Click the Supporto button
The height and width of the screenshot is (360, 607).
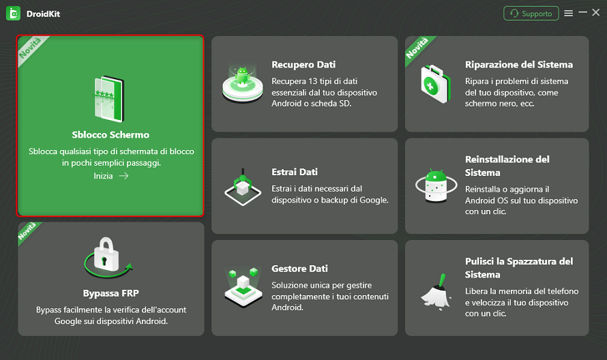tap(531, 14)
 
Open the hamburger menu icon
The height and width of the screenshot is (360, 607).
tap(568, 14)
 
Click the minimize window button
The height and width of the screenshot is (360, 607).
tap(583, 13)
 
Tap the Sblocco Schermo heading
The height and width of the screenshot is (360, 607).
tap(110, 134)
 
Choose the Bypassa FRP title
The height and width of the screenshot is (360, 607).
tap(110, 293)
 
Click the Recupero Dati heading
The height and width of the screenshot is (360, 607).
tap(303, 65)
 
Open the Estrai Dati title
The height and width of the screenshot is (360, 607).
tap(295, 172)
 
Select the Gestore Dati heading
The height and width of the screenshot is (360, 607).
tap(299, 269)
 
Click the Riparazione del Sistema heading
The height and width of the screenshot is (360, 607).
tap(519, 65)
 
